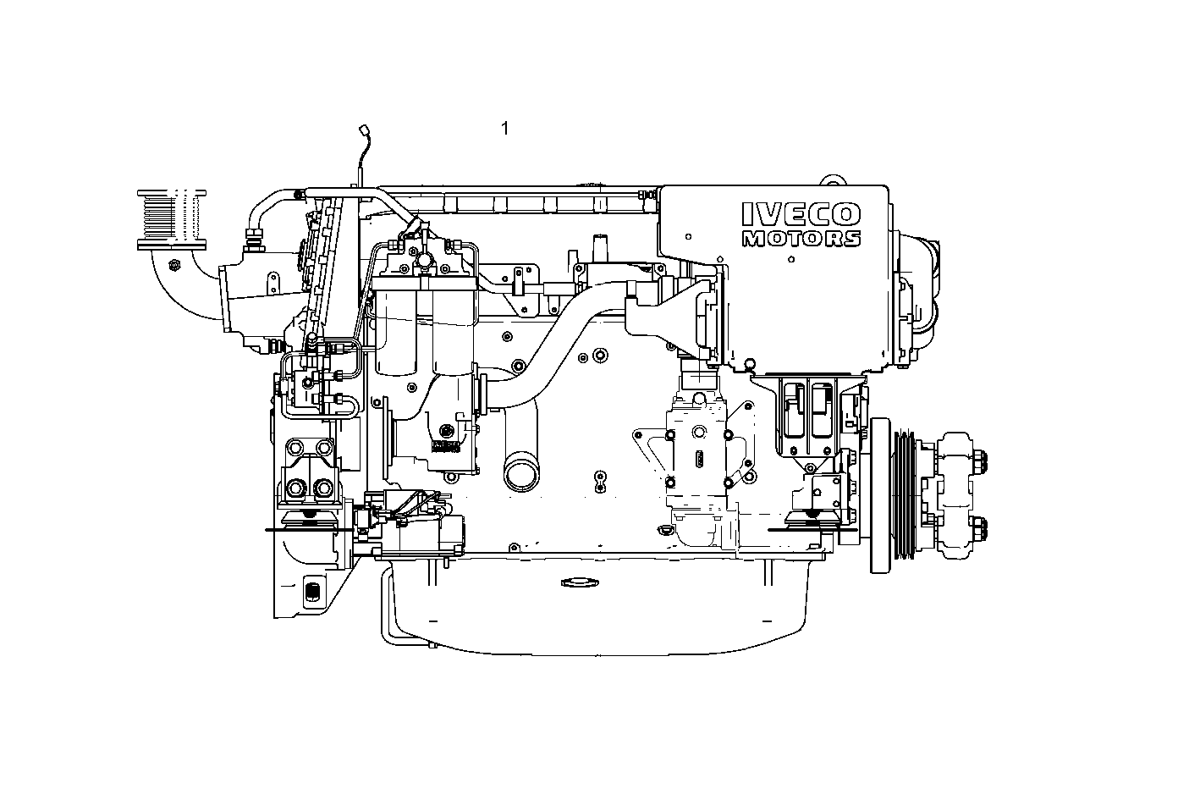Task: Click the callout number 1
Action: pyautogui.click(x=505, y=129)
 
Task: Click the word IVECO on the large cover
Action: pyautogui.click(x=801, y=214)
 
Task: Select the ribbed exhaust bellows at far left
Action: pyautogui.click(x=172, y=217)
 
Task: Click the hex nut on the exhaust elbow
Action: pyautogui.click(x=173, y=265)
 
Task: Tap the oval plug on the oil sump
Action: pyautogui.click(x=580, y=582)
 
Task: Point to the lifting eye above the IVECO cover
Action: pyautogui.click(x=834, y=180)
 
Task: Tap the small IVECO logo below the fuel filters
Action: pyautogui.click(x=445, y=445)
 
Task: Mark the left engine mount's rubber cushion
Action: pyautogui.click(x=308, y=518)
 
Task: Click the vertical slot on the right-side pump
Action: pyautogui.click(x=700, y=461)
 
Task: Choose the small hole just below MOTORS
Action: pyautogui.click(x=790, y=258)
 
